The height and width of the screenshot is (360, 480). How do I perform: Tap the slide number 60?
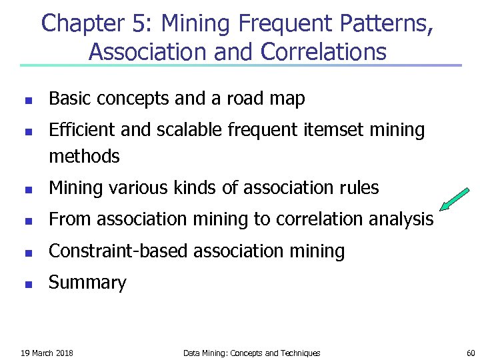(471, 353)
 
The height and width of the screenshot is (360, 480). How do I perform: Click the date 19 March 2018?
(47, 353)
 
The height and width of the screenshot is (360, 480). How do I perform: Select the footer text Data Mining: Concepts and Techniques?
(251, 353)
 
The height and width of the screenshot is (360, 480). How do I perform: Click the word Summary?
(87, 283)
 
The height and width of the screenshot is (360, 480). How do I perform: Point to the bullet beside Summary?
(27, 283)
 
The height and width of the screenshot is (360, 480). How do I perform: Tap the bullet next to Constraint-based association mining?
(27, 252)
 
